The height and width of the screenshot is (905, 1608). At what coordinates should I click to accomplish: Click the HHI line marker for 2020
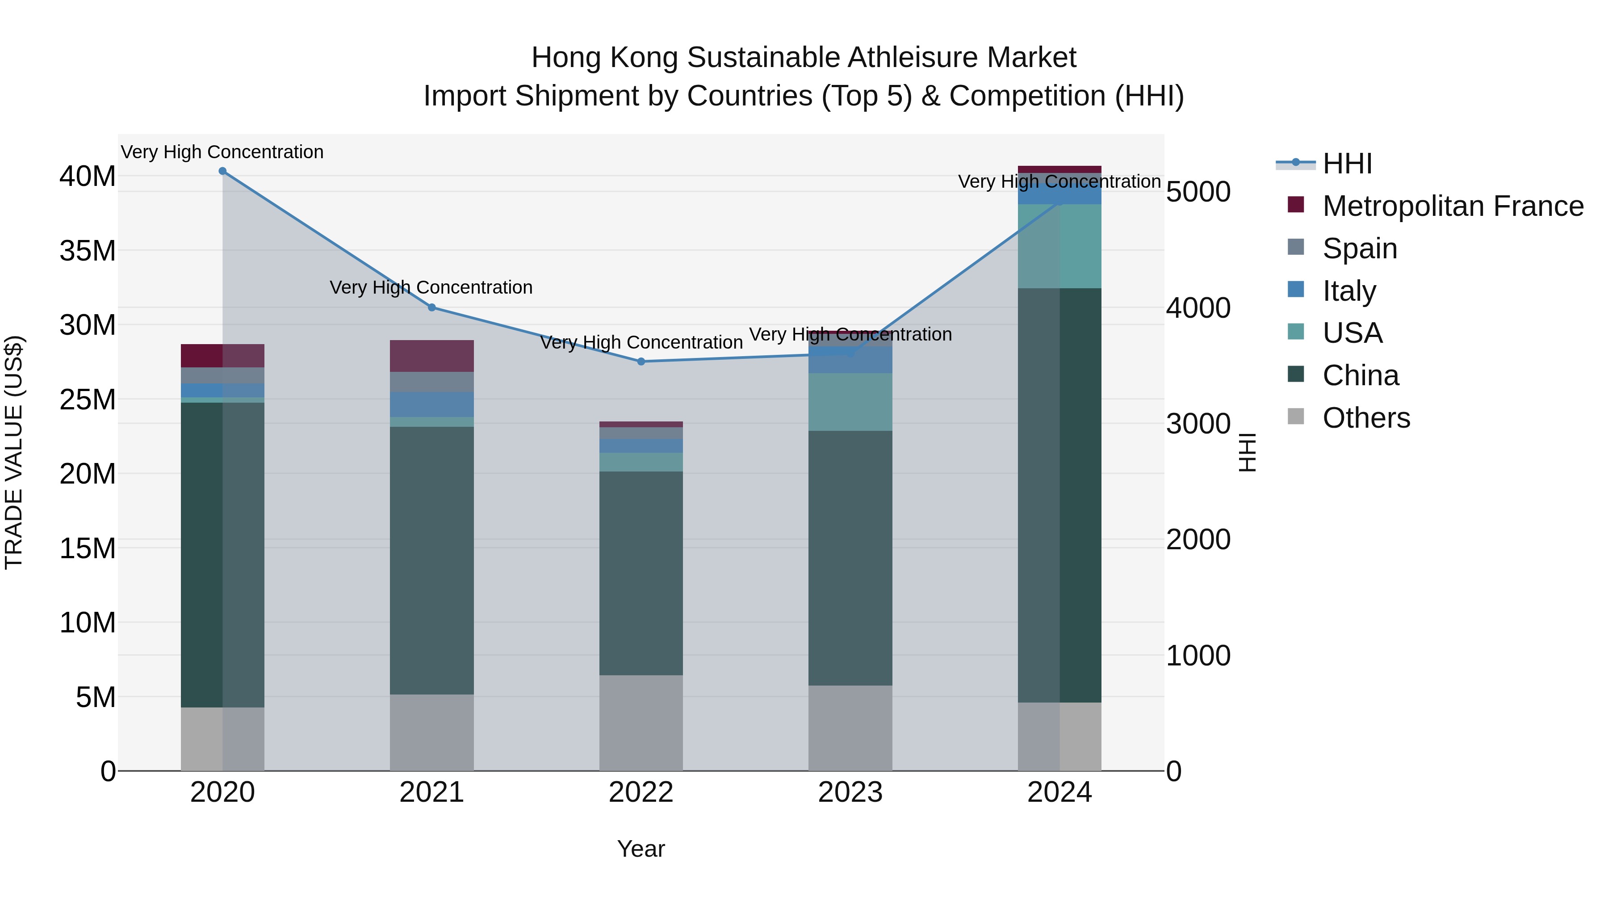pos(222,171)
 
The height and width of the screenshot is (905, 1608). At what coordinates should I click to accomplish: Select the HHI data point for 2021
pos(431,307)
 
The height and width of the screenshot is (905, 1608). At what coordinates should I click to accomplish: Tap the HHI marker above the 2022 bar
pos(641,362)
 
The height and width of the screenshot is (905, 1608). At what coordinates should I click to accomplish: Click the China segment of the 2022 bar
pos(641,573)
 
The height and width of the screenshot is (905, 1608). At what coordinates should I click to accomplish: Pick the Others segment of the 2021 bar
pos(431,732)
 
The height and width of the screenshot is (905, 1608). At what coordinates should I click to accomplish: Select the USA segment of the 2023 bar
pos(850,402)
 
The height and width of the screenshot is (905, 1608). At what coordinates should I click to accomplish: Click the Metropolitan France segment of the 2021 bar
pos(431,356)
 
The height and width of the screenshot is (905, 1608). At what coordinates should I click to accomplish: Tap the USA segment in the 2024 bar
pos(1059,246)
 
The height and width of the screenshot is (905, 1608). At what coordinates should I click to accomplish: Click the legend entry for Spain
pos(1360,248)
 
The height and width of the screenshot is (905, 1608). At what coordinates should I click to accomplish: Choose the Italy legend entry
pos(1349,291)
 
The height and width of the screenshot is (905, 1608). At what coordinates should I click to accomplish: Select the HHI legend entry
pos(1347,164)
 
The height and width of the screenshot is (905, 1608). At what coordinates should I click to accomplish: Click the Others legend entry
pos(1366,418)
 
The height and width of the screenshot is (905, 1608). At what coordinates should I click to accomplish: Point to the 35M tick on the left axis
pos(88,251)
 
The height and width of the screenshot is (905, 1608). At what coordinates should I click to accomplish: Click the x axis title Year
pos(641,849)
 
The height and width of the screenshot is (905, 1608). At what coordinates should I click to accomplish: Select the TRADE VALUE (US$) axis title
pos(14,452)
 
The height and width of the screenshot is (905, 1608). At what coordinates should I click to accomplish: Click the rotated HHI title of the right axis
pos(1247,452)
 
